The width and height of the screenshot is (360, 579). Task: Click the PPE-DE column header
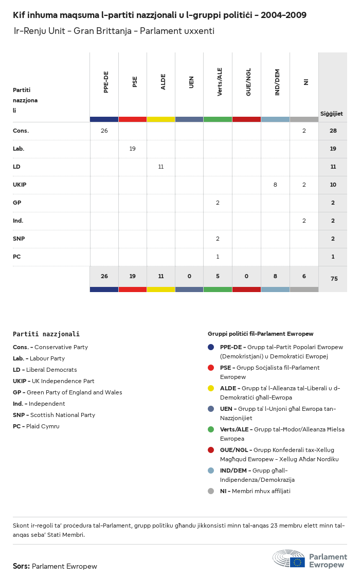(x=106, y=83)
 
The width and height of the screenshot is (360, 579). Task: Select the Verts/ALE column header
(x=220, y=82)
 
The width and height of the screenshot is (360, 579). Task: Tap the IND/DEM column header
(x=277, y=83)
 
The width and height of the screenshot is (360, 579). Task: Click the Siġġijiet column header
(x=332, y=114)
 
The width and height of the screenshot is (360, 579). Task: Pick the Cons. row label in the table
(x=21, y=131)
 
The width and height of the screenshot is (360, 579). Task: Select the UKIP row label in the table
(x=20, y=185)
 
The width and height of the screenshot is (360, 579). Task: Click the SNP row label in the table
(x=19, y=239)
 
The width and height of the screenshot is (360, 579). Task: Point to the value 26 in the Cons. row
(x=104, y=131)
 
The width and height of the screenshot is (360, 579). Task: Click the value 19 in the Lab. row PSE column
(x=133, y=149)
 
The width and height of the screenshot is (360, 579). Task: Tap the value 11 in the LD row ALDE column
(x=161, y=167)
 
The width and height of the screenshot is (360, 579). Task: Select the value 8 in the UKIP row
(x=275, y=185)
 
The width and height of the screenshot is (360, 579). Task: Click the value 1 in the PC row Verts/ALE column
(x=218, y=257)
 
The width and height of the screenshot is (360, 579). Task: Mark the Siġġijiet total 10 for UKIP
(x=333, y=185)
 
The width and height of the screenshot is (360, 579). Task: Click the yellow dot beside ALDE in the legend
(x=211, y=388)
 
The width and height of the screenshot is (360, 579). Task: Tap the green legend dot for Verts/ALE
(x=211, y=429)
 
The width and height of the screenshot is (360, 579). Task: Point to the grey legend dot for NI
(x=211, y=491)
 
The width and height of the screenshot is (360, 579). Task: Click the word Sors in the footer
(x=21, y=566)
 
